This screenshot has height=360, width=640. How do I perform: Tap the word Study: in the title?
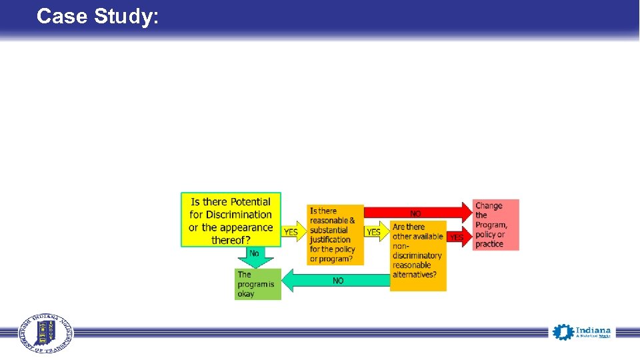tap(127, 16)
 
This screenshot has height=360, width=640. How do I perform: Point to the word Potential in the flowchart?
tap(247, 202)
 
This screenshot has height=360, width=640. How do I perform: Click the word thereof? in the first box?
tap(231, 240)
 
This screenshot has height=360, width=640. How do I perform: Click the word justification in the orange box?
tap(330, 239)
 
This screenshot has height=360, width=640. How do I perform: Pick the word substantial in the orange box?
tap(329, 230)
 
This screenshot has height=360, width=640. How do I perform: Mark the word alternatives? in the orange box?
tap(415, 275)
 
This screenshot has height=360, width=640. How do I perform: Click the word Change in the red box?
tap(489, 206)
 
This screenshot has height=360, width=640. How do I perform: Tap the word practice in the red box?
tap(489, 244)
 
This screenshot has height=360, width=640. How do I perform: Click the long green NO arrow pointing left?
tap(339, 281)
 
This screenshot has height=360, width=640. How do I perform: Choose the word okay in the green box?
tap(246, 293)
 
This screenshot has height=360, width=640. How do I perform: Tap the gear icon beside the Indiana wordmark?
tap(563, 332)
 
